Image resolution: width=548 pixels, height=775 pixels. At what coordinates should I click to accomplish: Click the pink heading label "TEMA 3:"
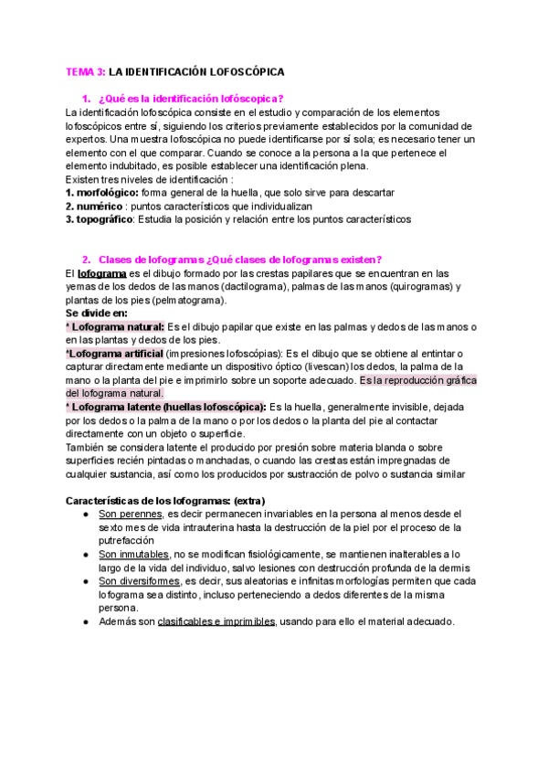(x=87, y=70)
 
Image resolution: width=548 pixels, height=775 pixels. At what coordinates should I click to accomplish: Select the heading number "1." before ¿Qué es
(x=86, y=99)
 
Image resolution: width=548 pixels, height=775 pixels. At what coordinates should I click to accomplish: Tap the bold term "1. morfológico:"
(x=100, y=193)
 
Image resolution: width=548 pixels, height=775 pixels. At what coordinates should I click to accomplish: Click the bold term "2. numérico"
(x=97, y=207)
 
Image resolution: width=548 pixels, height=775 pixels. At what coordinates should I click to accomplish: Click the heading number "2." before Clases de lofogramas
(x=86, y=260)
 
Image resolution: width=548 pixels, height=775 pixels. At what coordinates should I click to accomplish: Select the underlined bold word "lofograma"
(x=97, y=273)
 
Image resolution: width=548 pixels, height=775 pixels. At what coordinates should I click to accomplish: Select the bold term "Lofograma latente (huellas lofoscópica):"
(x=167, y=408)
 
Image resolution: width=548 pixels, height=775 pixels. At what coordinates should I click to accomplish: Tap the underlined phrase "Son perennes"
(x=123, y=515)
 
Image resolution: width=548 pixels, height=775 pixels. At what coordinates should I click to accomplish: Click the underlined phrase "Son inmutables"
(x=129, y=555)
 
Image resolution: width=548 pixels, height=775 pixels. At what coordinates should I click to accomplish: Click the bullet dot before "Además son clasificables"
(x=85, y=622)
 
